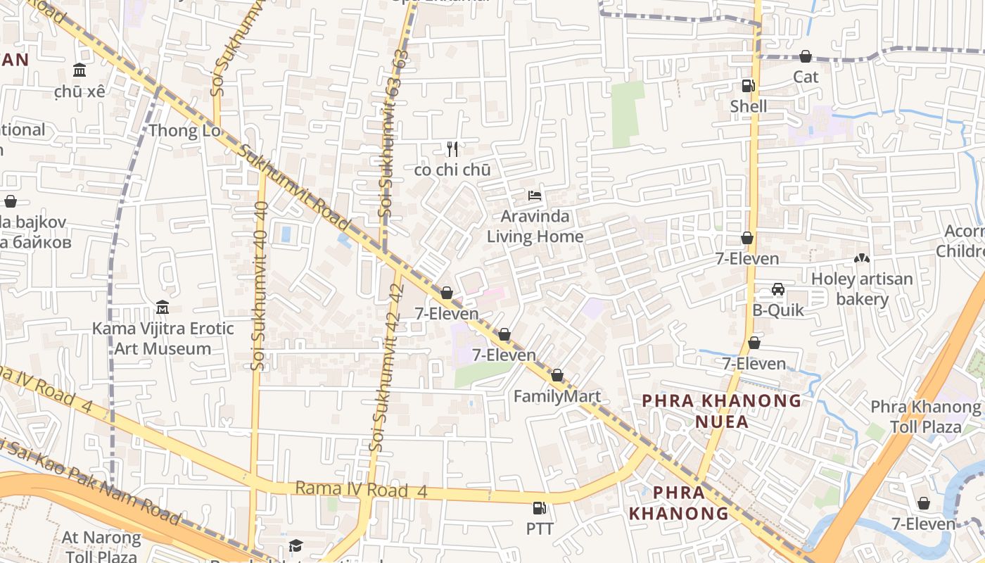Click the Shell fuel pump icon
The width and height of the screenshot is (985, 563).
pyautogui.click(x=748, y=86)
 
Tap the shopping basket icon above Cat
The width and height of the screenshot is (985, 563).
pyautogui.click(x=806, y=56)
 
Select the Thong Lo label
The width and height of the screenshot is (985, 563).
pyautogui.click(x=184, y=130)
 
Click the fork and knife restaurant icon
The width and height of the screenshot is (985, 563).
pyautogui.click(x=452, y=149)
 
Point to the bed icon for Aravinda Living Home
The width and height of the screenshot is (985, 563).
pyautogui.click(x=535, y=195)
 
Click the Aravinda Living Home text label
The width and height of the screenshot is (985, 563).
pyautogui.click(x=535, y=226)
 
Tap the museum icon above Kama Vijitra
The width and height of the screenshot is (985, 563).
pyautogui.click(x=163, y=308)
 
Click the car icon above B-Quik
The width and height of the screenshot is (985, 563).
pyautogui.click(x=778, y=289)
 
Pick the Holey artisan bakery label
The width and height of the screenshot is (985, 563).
pyautogui.click(x=862, y=289)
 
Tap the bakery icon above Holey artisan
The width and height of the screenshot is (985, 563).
pyautogui.click(x=861, y=259)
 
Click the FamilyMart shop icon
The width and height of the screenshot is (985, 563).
pyautogui.click(x=557, y=376)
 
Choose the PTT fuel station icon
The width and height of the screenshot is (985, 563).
pyautogui.click(x=540, y=507)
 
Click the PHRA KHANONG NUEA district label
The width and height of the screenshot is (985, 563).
pyautogui.click(x=721, y=411)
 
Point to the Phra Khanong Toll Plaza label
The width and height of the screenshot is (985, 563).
pyautogui.click(x=925, y=417)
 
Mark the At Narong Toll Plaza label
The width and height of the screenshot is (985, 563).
pyautogui.click(x=102, y=546)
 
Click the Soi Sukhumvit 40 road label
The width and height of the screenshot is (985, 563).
pyautogui.click(x=259, y=285)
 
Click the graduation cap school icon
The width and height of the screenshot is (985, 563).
pyautogui.click(x=296, y=546)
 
